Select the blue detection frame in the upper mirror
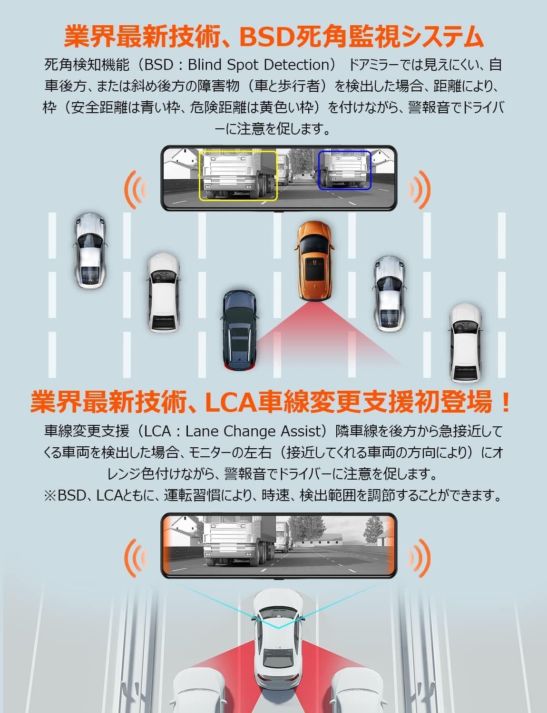click(x=344, y=152)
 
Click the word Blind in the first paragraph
click(x=201, y=65)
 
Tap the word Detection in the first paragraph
click(x=298, y=65)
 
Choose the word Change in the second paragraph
click(x=251, y=431)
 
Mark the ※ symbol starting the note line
click(x=49, y=496)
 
